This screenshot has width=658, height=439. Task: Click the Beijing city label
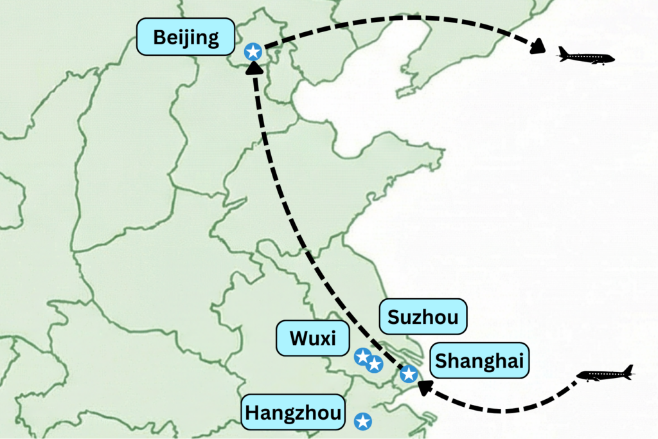[x=186, y=37]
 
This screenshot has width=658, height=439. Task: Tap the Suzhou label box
[x=423, y=316]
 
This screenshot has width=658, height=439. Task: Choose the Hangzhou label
[x=293, y=411]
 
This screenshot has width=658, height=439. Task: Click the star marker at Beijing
[x=253, y=51]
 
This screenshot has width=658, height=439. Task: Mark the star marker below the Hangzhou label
[x=363, y=421]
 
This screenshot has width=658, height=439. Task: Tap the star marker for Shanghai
[x=409, y=373]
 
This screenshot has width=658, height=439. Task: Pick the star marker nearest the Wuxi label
[x=362, y=355]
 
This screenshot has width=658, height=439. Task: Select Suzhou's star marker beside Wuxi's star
[x=375, y=364]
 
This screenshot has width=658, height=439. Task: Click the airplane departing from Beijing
[x=585, y=57]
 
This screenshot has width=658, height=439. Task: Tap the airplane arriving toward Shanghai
[x=605, y=374]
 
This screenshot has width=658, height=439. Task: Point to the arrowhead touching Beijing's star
[x=255, y=67]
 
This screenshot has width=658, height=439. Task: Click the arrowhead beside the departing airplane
[x=537, y=46]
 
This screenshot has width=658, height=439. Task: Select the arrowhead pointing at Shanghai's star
[x=425, y=387]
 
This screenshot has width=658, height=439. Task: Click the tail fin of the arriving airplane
[x=628, y=370]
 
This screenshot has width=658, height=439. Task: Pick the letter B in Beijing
[x=159, y=37]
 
